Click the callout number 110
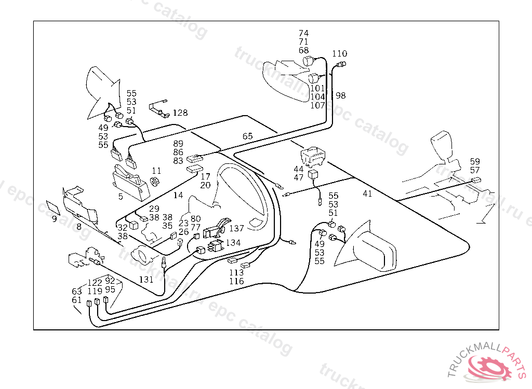click(339, 53)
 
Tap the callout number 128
click(180, 113)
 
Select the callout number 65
click(247, 136)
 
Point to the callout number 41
click(367, 193)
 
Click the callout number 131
click(146, 279)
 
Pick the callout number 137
click(236, 228)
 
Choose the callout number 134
click(233, 242)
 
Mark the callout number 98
click(340, 95)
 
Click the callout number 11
click(156, 171)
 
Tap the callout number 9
click(54, 218)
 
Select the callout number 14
click(178, 196)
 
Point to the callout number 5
click(121, 197)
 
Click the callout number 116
click(236, 281)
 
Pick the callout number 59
click(475, 161)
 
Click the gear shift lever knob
click(443, 143)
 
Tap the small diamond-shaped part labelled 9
click(52, 206)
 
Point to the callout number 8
click(79, 226)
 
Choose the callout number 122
click(95, 283)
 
